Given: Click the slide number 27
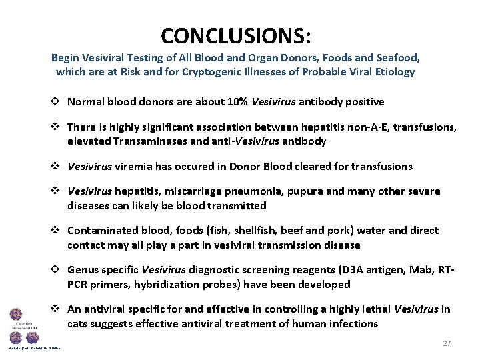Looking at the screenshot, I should pos(447,343).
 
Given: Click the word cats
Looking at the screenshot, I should pos(77,323).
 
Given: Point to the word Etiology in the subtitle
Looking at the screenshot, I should pos(393,71).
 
